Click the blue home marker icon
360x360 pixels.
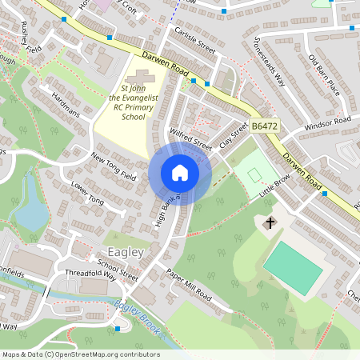click(180, 173)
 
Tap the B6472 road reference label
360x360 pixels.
click(264, 126)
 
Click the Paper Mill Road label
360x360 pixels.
click(189, 284)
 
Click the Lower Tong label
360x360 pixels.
click(87, 193)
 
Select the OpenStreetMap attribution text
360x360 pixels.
click(81, 354)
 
